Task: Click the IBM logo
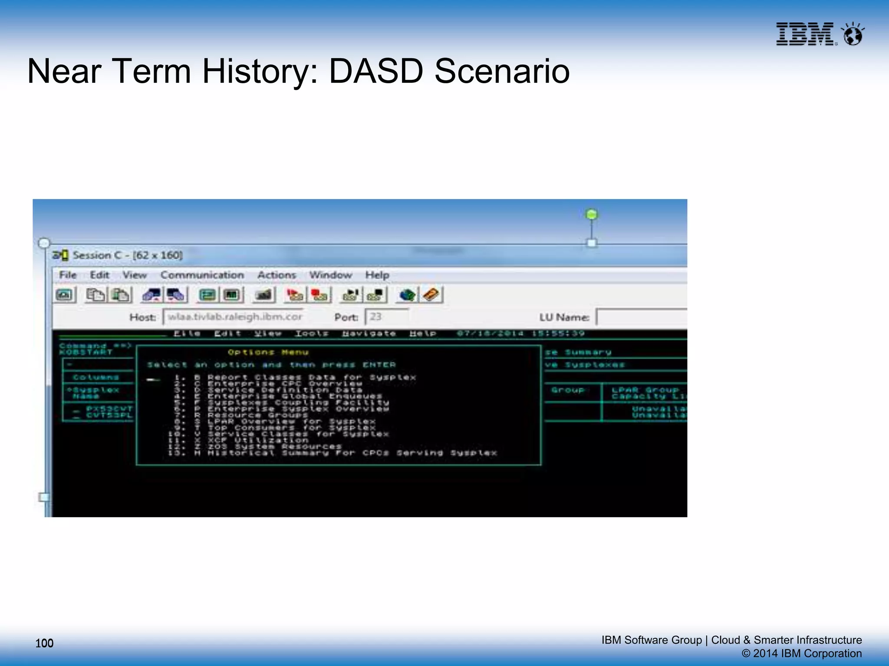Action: point(805,34)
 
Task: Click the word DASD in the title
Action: point(376,72)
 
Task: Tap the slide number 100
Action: point(44,643)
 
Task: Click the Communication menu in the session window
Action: point(202,275)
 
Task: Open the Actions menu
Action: point(277,275)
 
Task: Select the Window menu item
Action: point(330,275)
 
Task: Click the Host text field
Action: point(234,317)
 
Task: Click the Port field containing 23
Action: point(386,317)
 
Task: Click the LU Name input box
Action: point(641,317)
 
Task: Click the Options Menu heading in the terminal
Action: point(268,352)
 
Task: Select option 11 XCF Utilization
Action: point(258,440)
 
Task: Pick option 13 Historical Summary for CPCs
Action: point(352,453)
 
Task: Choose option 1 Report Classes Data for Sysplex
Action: point(311,377)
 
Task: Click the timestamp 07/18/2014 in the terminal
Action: point(490,333)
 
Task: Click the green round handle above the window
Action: point(591,214)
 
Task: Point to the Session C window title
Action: point(127,255)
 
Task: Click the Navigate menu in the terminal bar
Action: point(369,333)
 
